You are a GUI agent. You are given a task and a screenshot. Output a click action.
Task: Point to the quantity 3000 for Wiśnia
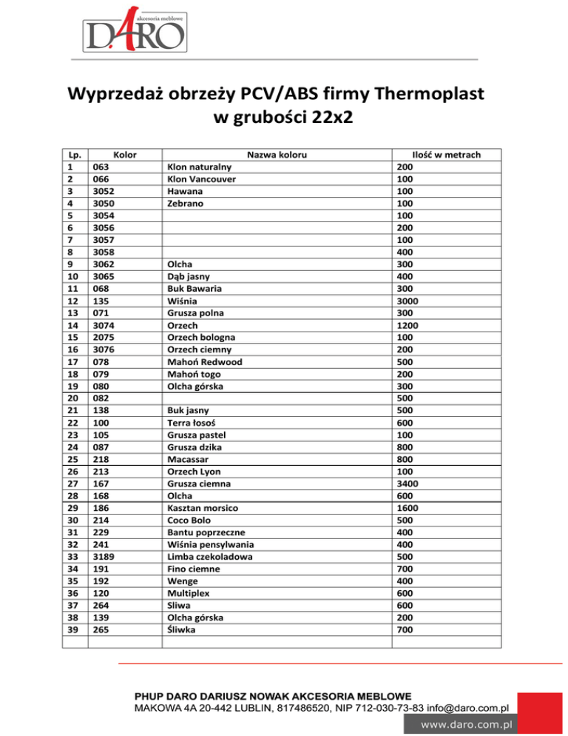pos(410,301)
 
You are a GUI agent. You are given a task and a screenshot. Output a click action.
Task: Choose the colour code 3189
pos(104,556)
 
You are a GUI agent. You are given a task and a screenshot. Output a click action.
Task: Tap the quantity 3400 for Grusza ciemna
pos(410,483)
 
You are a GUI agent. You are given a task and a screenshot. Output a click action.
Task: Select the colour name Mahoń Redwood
pos(205,361)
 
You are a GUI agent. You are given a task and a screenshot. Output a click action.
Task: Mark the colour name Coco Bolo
pos(192,520)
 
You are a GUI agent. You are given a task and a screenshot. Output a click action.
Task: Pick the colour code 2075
pos(104,337)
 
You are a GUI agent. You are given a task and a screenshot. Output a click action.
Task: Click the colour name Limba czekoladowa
pos(212,556)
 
